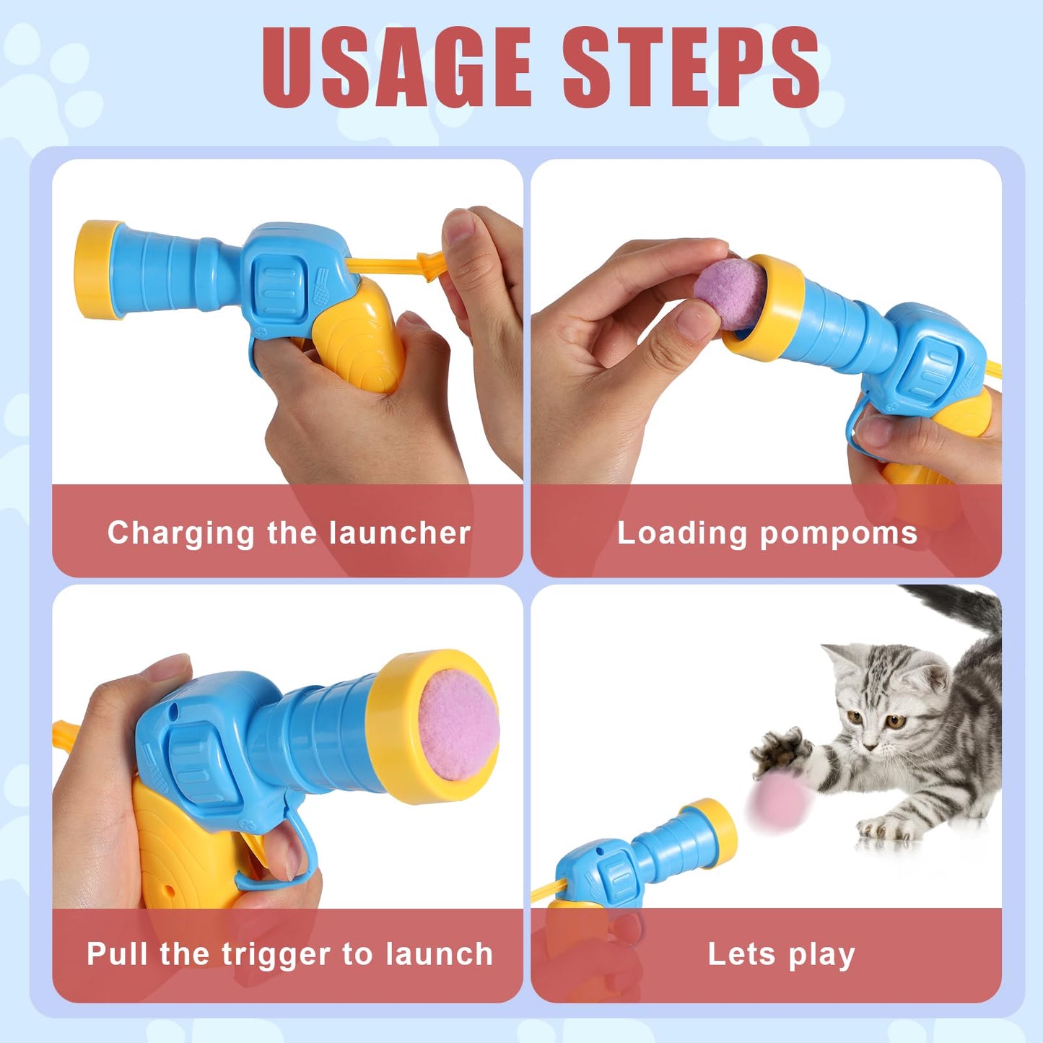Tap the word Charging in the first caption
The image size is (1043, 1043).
(x=181, y=534)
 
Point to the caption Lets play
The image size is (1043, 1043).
(x=781, y=954)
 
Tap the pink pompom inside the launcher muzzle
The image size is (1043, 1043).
(x=458, y=724)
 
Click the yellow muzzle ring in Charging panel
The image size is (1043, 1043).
(x=95, y=269)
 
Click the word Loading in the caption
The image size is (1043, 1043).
(x=681, y=534)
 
